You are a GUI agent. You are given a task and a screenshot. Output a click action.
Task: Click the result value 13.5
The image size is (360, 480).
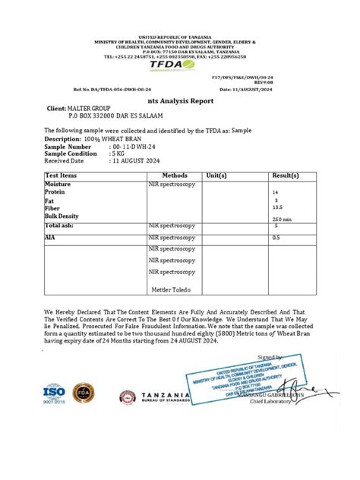point(277,207)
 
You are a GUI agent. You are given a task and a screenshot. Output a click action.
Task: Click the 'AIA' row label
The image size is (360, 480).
point(50,237)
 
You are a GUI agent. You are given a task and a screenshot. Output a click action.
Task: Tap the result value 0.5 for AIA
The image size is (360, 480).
point(276,238)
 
